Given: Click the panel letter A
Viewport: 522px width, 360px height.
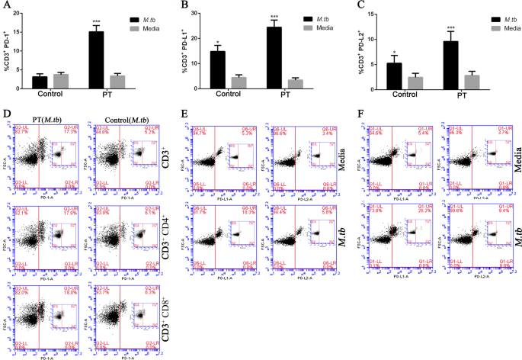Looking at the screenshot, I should click(x=7, y=5).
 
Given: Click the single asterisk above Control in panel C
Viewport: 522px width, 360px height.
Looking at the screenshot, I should click(x=394, y=52).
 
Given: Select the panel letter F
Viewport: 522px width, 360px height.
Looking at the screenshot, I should click(x=360, y=114).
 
